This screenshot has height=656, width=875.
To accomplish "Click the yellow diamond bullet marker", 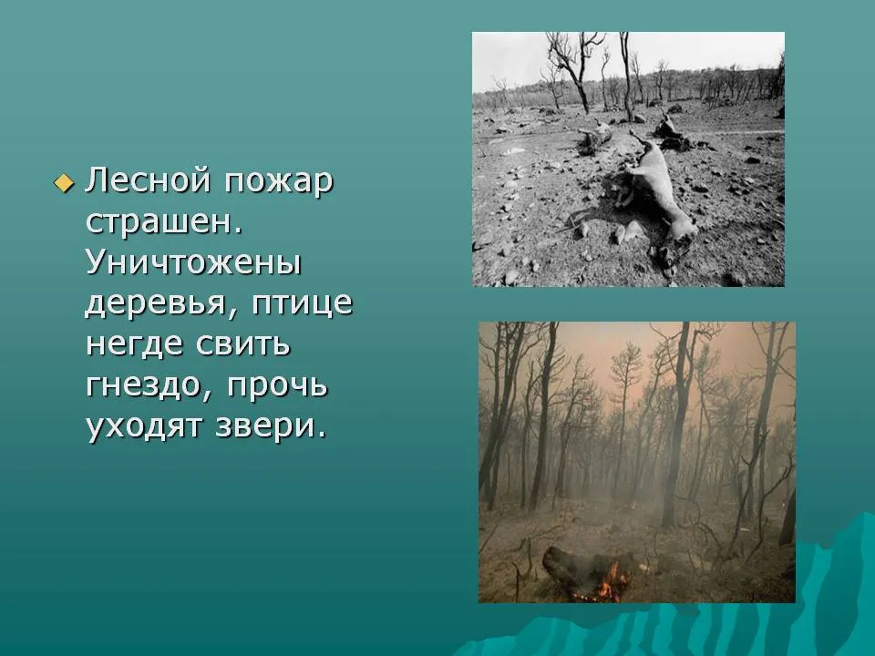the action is pyautogui.click(x=64, y=182).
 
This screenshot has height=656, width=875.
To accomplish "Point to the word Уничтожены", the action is pyautogui.click(x=193, y=262).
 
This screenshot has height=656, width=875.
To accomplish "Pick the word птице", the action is pyautogui.click(x=302, y=304).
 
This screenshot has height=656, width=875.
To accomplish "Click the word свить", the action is pyautogui.click(x=243, y=344).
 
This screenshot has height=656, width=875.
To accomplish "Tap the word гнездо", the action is pyautogui.click(x=146, y=385).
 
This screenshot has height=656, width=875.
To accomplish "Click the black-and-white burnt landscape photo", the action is pyautogui.click(x=628, y=159).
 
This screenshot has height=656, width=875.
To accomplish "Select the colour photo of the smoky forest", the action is pyautogui.click(x=637, y=463).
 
